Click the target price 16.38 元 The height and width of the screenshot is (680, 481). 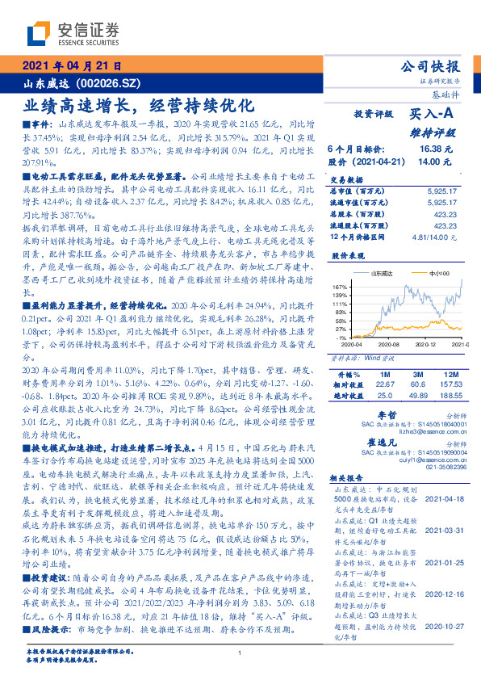pos(434,149)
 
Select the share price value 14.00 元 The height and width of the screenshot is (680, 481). pos(434,162)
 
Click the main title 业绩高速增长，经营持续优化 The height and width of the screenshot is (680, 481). pos(140,105)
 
